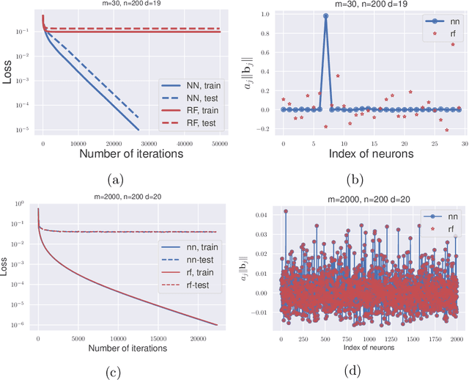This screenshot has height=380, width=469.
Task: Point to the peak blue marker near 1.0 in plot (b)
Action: pos(325,16)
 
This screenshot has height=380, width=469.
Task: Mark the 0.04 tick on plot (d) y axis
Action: pos(265,213)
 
